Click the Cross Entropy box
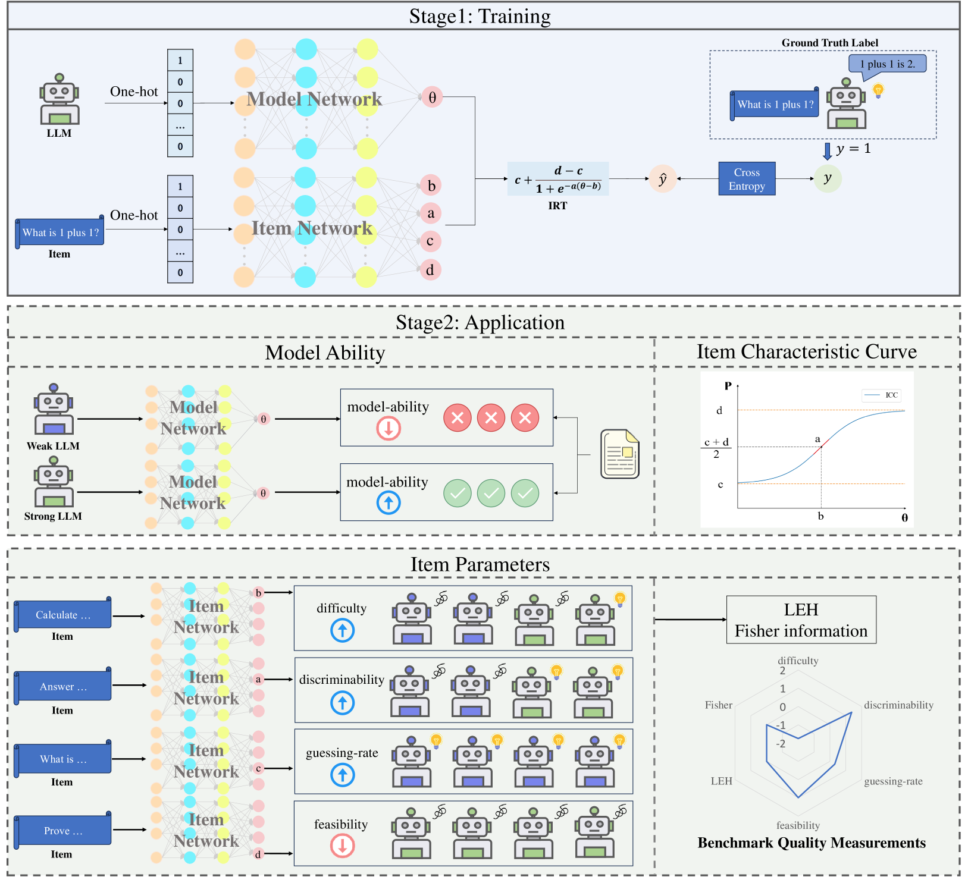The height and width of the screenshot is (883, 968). tap(747, 178)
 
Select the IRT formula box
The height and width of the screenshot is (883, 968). tap(557, 179)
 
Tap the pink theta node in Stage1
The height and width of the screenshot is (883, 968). tap(433, 97)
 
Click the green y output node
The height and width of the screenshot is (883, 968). tap(827, 178)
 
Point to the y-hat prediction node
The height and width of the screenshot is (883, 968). tap(663, 178)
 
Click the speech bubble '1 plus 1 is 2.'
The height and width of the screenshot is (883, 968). tap(887, 64)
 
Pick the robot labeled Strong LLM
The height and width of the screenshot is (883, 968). tap(54, 482)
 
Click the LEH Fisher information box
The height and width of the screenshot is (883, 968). tap(801, 620)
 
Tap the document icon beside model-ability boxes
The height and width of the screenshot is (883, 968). tap(621, 454)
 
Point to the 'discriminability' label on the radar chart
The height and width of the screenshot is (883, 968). tap(898, 705)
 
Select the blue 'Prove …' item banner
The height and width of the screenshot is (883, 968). tap(63, 831)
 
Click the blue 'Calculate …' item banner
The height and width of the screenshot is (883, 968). tap(63, 615)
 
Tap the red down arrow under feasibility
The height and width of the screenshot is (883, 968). tap(342, 846)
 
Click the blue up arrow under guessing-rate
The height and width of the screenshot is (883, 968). tap(342, 775)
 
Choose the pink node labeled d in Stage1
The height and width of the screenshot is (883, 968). tap(430, 270)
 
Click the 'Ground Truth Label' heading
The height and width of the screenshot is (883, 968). tap(829, 43)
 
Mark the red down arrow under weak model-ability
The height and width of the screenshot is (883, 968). tap(389, 428)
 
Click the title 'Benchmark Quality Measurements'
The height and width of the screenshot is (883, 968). tap(812, 843)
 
